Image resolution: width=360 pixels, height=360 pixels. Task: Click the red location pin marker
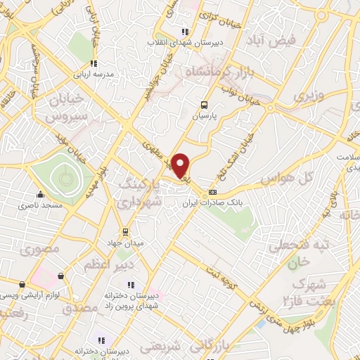(x=181, y=166)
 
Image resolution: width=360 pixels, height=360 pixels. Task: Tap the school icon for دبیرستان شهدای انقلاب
(x=185, y=32)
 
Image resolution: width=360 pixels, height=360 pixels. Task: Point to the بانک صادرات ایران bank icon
(x=213, y=192)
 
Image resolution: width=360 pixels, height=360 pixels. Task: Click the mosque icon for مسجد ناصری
(x=41, y=195)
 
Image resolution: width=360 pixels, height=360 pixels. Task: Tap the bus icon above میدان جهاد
(x=126, y=232)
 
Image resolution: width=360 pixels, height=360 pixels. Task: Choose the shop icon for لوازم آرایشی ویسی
(x=23, y=285)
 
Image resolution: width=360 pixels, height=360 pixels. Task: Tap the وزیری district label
(x=309, y=95)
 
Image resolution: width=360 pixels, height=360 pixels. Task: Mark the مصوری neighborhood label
(x=37, y=250)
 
